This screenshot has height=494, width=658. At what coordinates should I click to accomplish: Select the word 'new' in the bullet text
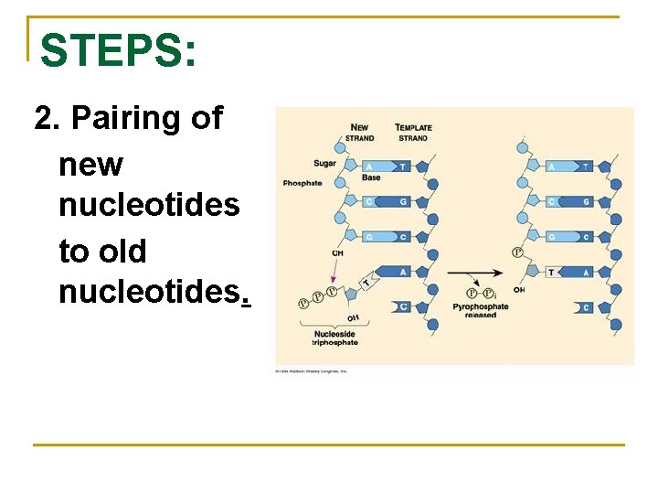coord(90,165)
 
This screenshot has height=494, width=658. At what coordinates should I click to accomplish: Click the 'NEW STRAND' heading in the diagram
coord(360,133)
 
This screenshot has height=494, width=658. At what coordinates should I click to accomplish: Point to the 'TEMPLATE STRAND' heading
coord(413,133)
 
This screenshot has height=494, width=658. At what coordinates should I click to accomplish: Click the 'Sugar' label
coord(325,164)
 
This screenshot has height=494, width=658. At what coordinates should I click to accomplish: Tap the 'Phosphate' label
coord(302,183)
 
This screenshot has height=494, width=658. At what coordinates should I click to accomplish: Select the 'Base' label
coord(371,177)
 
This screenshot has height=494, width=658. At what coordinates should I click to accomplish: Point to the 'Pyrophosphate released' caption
coord(481,310)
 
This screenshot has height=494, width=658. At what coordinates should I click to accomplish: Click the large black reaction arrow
coord(475,273)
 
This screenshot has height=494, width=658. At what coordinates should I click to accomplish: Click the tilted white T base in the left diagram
coord(367,284)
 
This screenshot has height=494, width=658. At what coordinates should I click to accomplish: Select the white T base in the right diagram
coord(553,273)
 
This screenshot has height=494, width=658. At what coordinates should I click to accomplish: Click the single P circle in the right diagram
coord(517,252)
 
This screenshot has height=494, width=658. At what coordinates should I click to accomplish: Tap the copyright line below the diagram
coord(313,371)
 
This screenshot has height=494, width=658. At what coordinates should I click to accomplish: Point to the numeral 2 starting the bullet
coord(42,119)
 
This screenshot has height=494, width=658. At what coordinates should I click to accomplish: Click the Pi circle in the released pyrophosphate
coord(488,293)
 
